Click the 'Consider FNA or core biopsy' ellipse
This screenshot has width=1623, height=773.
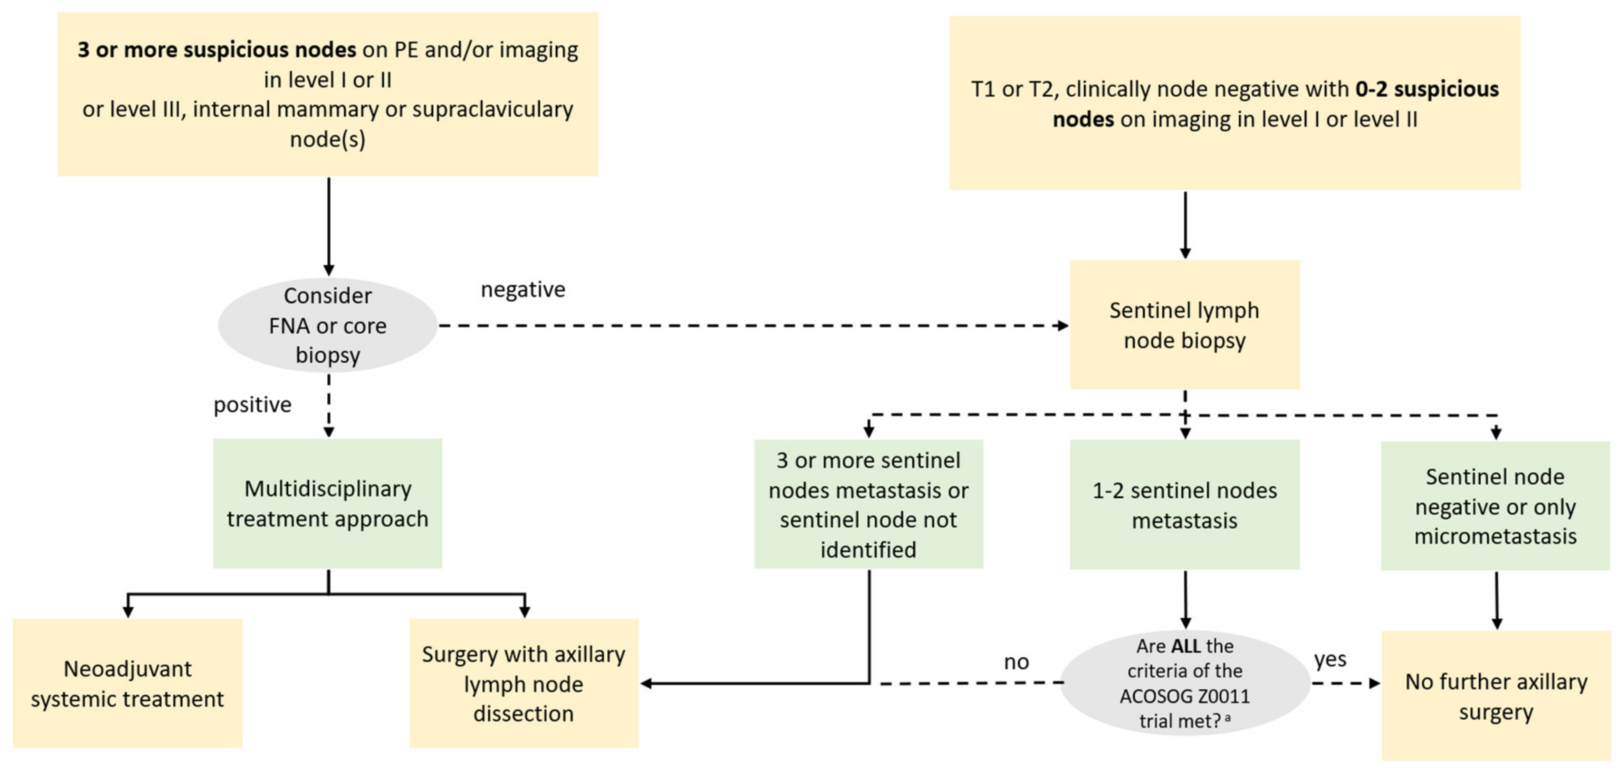coord(327,325)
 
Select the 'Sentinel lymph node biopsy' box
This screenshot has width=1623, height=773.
coord(1184,325)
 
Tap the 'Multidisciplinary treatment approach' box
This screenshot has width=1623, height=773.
coord(327,504)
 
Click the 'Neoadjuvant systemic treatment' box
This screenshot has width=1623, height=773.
coord(127,683)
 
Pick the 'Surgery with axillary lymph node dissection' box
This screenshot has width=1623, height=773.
coord(524,683)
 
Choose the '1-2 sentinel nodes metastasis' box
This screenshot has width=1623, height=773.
coord(1184,505)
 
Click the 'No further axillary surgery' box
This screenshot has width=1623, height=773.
coord(1496,696)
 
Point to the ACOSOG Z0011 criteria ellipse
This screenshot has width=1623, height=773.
coord(1184,683)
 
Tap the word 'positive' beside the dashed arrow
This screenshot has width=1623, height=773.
coord(252,404)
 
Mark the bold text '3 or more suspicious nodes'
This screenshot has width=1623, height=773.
coord(217,50)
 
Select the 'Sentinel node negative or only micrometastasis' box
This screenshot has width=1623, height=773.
coord(1495,506)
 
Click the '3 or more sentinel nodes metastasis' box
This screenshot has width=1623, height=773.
coord(868,505)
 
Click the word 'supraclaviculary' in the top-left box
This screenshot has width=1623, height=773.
coord(490,109)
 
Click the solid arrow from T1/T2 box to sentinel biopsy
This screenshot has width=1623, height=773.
coord(1185,224)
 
